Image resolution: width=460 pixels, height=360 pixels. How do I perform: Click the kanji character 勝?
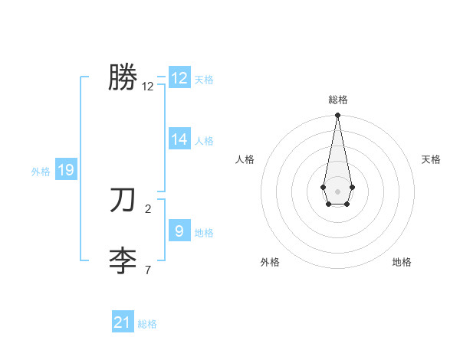click(123, 77)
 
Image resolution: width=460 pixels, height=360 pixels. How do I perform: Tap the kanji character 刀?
click(123, 200)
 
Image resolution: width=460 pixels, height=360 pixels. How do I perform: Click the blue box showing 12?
click(179, 78)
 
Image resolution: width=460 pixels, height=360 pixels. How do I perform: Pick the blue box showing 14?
click(179, 139)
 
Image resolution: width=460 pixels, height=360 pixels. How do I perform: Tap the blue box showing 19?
click(66, 170)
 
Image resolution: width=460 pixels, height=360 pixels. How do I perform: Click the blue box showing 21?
click(123, 322)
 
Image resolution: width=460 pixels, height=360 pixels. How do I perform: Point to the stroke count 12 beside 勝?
click(148, 87)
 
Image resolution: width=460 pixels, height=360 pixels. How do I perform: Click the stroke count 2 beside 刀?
click(148, 208)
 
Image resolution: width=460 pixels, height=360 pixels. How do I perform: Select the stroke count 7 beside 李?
click(148, 270)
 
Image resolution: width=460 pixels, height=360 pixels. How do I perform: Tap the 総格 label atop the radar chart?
click(338, 100)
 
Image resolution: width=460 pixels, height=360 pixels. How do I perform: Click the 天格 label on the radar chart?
click(432, 159)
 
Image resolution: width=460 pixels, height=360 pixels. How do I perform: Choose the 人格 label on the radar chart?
click(245, 159)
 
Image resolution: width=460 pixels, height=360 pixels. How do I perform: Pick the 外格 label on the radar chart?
click(270, 262)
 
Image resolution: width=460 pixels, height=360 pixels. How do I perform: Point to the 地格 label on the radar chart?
click(402, 262)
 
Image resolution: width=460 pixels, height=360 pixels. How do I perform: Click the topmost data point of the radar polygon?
click(337, 116)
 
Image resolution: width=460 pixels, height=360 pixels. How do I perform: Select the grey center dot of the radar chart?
click(337, 191)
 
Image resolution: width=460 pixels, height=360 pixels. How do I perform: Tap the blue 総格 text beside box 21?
click(147, 324)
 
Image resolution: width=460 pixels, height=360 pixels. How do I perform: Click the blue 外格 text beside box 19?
click(41, 172)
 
